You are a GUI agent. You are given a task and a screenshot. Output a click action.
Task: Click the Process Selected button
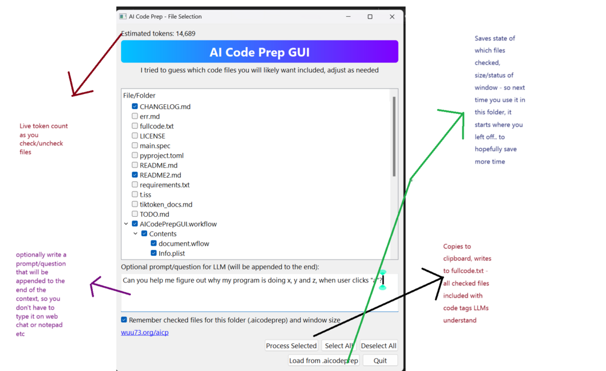point(291,346)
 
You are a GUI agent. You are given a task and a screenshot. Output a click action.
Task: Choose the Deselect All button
point(378,346)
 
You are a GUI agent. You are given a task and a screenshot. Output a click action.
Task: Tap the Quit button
point(380,361)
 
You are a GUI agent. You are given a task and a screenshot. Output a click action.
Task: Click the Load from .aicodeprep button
point(323,361)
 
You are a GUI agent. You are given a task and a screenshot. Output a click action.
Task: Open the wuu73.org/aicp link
point(145,332)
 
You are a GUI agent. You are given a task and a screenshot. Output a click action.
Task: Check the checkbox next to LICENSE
point(134,136)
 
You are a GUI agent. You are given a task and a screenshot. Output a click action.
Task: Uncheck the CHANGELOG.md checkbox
point(134,106)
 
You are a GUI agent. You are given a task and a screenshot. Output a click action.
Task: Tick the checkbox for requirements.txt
point(134,184)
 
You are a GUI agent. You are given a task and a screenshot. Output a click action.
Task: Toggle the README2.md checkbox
point(134,175)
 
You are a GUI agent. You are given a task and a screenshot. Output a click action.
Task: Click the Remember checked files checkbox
point(124,320)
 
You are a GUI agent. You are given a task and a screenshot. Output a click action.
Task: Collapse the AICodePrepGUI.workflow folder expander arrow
point(126,224)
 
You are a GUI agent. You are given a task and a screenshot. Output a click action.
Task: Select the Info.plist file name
point(172,253)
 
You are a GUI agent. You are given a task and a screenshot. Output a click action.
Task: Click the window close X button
point(392,17)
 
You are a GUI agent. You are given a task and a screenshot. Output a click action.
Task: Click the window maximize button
point(370,17)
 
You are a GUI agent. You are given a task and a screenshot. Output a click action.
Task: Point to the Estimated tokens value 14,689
point(186,34)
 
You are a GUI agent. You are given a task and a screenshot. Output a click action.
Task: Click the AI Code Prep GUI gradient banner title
point(259,52)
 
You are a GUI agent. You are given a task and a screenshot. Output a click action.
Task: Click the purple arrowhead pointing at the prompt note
point(95,285)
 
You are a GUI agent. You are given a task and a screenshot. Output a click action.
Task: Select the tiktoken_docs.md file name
point(166,204)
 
